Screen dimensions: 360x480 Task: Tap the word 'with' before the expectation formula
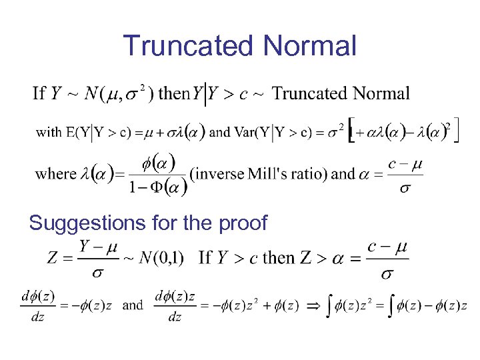pos(49,132)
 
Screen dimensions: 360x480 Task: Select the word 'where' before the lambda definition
pos(55,174)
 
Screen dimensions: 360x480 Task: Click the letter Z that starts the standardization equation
pos(53,257)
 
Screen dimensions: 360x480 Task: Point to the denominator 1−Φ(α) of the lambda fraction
pos(157,186)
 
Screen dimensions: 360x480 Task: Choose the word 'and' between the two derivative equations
pos(133,305)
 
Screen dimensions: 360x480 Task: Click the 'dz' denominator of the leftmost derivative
pos(37,317)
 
